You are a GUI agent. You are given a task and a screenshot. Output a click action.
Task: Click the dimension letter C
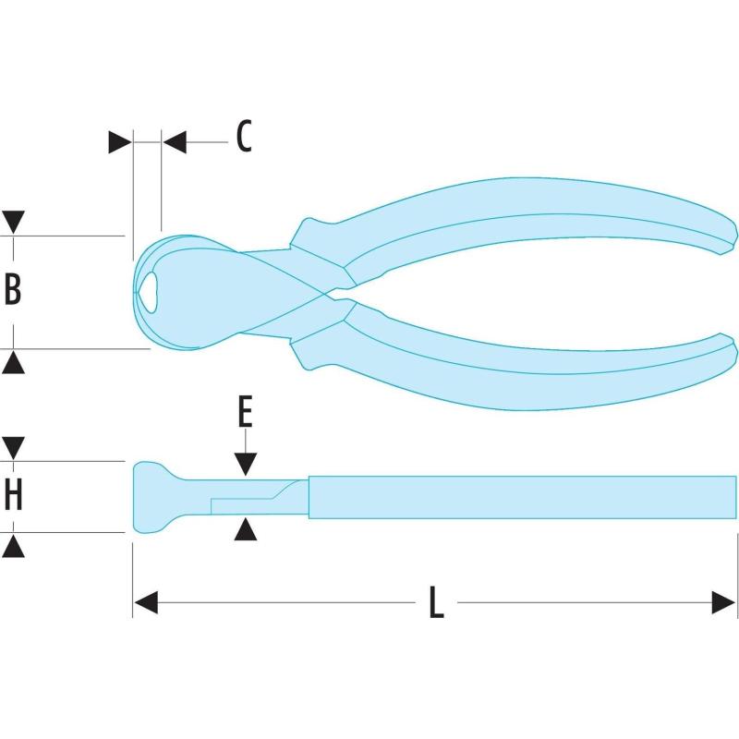pos(243,137)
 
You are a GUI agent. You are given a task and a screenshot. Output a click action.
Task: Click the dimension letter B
pos(13,289)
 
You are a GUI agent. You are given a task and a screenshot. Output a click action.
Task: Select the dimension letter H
pos(13,496)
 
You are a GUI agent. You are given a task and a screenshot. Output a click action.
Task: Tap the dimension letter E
pos(244,411)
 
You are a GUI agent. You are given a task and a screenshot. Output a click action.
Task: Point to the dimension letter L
pos(437,604)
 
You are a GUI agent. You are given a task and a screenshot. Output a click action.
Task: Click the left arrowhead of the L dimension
pos(146,604)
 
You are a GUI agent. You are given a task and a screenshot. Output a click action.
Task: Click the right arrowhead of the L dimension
pos(724,604)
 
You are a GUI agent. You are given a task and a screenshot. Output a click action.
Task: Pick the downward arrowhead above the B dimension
pos(13,223)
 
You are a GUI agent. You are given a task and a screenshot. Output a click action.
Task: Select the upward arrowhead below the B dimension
pos(13,362)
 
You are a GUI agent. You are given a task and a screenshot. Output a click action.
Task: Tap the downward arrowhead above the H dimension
pos(13,449)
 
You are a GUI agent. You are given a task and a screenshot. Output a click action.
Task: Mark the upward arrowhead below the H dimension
pos(13,546)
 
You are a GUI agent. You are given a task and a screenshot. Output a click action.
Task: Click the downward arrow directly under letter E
pos(244,464)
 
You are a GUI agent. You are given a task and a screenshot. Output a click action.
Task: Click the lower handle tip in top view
pos(727,350)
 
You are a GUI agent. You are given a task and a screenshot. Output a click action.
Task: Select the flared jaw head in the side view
pos(150,497)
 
